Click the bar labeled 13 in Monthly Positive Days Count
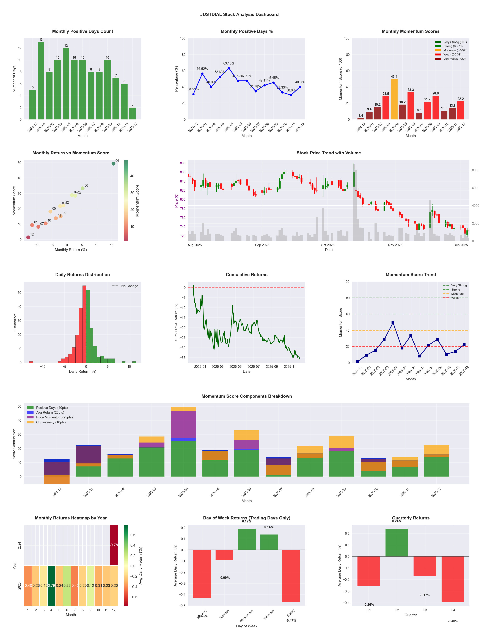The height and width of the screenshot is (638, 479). pos(41,81)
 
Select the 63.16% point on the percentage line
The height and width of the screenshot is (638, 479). pos(229,68)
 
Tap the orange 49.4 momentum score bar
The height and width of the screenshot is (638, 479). pos(394,99)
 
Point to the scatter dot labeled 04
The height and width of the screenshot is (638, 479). pos(114,164)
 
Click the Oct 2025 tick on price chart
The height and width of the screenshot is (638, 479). pos(327,245)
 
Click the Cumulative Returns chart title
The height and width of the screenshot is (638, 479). pos(247,275)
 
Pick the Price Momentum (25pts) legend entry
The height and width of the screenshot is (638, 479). pos(54,417)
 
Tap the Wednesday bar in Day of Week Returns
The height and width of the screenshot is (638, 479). pos(247,539)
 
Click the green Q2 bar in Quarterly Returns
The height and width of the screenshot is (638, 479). pos(397,542)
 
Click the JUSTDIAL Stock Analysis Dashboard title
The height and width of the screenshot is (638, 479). pos(239,14)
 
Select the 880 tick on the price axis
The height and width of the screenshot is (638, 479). pos(183,163)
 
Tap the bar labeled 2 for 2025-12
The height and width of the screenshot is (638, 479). pos(133,113)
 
